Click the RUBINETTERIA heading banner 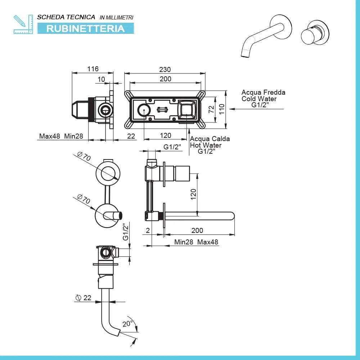pyautogui.click(x=85, y=28)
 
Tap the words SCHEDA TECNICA pyautogui.click(x=66, y=17)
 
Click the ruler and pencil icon pyautogui.click(x=23, y=24)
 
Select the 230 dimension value pyautogui.click(x=165, y=70)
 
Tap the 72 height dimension pyautogui.click(x=212, y=109)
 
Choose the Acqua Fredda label pyautogui.click(x=264, y=92)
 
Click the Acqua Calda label pyautogui.click(x=210, y=139)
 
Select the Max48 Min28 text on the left pyautogui.click(x=61, y=136)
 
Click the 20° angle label pyautogui.click(x=127, y=324)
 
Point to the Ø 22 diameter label pyautogui.click(x=83, y=298)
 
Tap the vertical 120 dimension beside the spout pyautogui.click(x=193, y=195)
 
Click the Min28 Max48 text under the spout pyautogui.click(x=196, y=242)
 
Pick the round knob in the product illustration pyautogui.click(x=315, y=32)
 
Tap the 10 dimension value pyautogui.click(x=101, y=79)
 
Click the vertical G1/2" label pyautogui.click(x=126, y=233)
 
